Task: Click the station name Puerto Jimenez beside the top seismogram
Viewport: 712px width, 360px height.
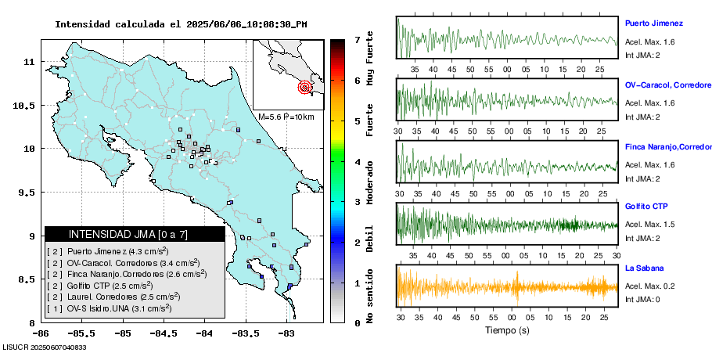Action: (654, 23)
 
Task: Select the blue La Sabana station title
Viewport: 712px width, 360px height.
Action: (644, 268)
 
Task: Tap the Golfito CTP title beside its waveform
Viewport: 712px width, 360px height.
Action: (645, 207)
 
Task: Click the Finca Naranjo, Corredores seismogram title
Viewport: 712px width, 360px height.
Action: (667, 146)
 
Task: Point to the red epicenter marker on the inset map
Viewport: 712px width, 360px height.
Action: (304, 88)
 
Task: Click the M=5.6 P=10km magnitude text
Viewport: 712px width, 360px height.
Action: (286, 117)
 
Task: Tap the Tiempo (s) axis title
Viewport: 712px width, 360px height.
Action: (506, 330)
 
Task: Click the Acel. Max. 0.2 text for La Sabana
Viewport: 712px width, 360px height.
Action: (649, 286)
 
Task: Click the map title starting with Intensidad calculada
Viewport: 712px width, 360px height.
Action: (181, 24)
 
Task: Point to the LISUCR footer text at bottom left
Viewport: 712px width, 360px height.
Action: (44, 347)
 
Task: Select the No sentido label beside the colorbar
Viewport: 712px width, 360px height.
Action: (369, 295)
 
